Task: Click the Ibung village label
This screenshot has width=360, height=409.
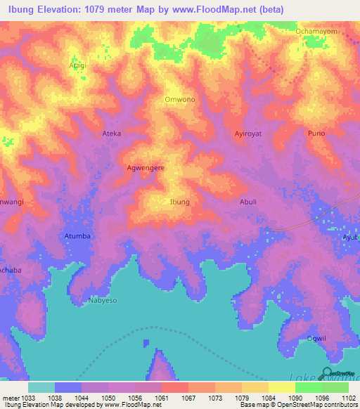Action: pyautogui.click(x=180, y=202)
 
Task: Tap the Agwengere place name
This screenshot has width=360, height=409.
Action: pyautogui.click(x=146, y=169)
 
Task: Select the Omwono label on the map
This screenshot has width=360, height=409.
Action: pyautogui.click(x=179, y=100)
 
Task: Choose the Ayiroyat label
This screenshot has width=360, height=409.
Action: pyautogui.click(x=247, y=133)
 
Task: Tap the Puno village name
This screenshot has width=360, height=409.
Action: pyautogui.click(x=316, y=133)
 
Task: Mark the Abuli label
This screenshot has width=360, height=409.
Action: pyautogui.click(x=250, y=202)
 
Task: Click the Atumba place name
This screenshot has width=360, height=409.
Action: pyautogui.click(x=77, y=236)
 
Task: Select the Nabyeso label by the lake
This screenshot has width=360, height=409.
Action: pyautogui.click(x=103, y=300)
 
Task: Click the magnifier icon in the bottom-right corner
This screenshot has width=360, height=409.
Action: pyautogui.click(x=328, y=374)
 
